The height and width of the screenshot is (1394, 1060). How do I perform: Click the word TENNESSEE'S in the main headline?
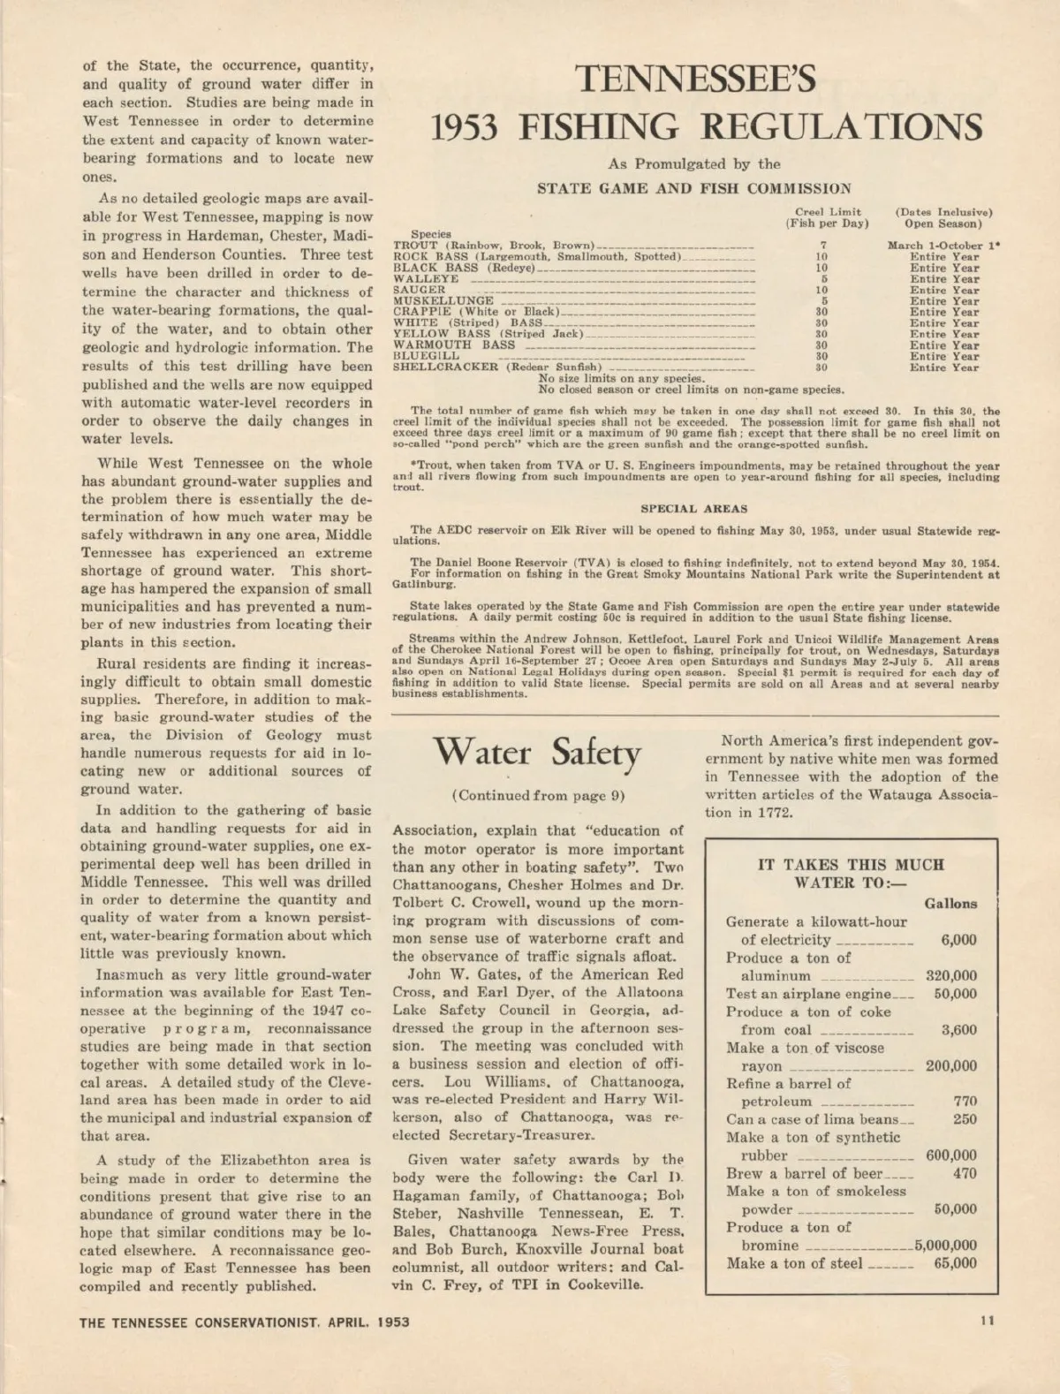694,80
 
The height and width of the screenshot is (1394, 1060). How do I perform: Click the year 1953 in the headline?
464,128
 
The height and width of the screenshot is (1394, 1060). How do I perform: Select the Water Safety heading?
537,754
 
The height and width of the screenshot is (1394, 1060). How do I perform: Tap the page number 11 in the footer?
987,1321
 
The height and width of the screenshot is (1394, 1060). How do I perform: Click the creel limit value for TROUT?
822,246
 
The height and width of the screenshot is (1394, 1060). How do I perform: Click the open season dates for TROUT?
943,246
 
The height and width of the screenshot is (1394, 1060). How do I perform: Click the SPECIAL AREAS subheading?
693,509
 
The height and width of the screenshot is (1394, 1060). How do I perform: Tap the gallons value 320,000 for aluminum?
950,976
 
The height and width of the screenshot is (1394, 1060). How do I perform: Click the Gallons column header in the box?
950,904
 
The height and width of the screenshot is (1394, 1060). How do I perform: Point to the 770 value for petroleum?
965,1102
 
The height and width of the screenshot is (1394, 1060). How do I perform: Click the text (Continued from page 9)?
538,796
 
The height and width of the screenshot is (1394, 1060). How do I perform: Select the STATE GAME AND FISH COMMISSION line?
694,188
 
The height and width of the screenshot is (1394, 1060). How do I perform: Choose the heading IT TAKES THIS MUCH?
851,865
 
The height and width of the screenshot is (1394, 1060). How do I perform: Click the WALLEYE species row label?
426,279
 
